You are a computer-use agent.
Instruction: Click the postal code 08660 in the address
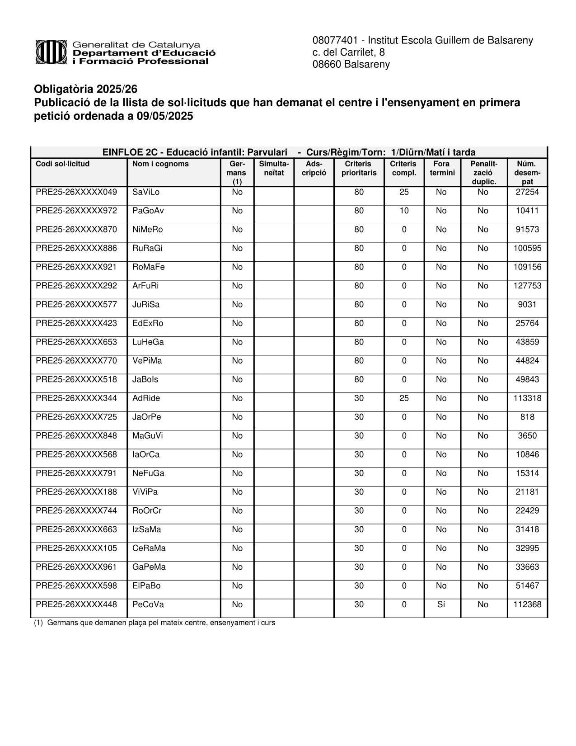point(327,65)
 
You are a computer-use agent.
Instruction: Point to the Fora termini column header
point(441,168)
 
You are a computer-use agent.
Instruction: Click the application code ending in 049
point(76,192)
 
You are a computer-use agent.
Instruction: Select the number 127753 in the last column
point(527,286)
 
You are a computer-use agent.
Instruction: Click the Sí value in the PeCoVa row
point(441,605)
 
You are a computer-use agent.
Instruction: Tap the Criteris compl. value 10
point(404,211)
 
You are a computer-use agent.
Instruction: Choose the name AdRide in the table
point(146,399)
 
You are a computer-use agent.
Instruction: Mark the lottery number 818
point(527,417)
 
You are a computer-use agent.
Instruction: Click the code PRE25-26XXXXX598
point(76,586)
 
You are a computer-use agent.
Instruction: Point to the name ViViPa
point(145,492)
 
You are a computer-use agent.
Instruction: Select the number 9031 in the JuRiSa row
point(527,305)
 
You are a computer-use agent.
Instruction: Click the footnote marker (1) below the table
point(38,623)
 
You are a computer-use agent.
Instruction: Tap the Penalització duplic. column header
point(483,173)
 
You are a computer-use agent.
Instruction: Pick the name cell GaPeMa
point(149,567)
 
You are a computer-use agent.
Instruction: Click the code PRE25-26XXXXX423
point(76,324)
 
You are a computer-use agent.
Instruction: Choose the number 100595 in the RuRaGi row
point(527,249)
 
